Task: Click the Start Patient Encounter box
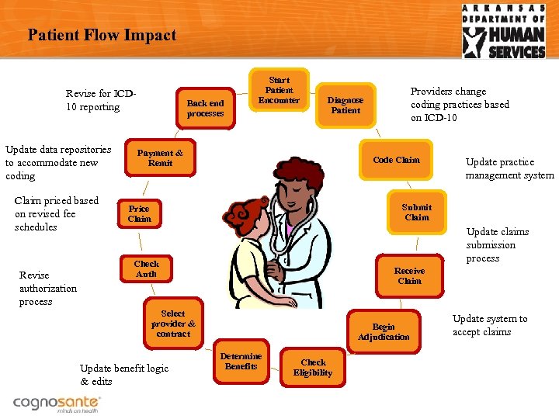[279, 90]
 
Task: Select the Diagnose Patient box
[345, 106]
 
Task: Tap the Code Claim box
[396, 160]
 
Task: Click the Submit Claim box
[416, 212]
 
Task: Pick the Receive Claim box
[409, 275]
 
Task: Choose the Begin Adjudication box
[384, 332]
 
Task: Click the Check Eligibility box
[313, 367]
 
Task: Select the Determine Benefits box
[241, 362]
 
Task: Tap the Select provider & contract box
[173, 324]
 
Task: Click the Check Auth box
[146, 269]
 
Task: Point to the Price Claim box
[139, 213]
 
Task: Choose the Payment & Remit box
[160, 158]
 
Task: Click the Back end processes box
[205, 109]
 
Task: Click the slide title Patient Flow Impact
[102, 35]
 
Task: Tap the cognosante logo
[56, 403]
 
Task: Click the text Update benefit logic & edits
[123, 375]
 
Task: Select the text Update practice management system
[509, 168]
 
